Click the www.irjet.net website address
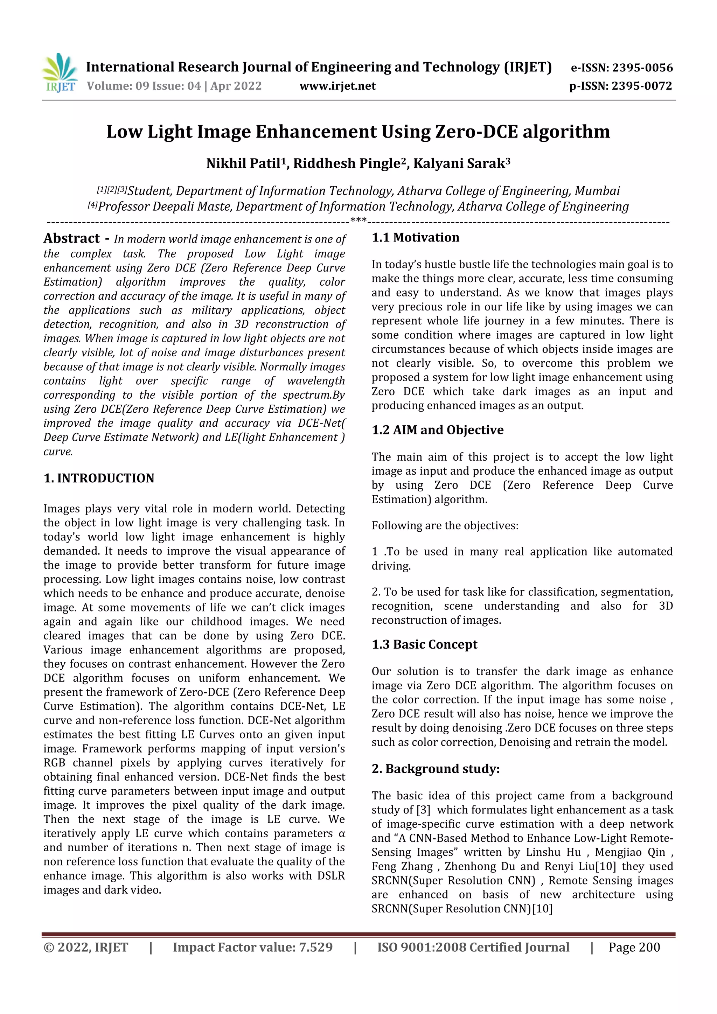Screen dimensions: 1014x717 (337, 86)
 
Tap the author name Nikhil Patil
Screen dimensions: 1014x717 (243, 164)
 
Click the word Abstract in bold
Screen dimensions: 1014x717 (71, 238)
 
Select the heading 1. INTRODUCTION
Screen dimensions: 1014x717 (99, 478)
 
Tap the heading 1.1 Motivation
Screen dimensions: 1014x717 (415, 238)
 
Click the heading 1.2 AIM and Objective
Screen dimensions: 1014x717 (437, 430)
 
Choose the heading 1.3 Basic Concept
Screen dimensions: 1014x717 (424, 644)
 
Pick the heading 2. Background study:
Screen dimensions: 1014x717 (435, 769)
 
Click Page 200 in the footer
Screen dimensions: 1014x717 (634, 947)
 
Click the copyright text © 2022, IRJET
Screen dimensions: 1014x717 (86, 947)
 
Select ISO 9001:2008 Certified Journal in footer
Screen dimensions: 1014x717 (473, 947)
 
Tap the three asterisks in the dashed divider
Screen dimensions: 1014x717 (358, 220)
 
